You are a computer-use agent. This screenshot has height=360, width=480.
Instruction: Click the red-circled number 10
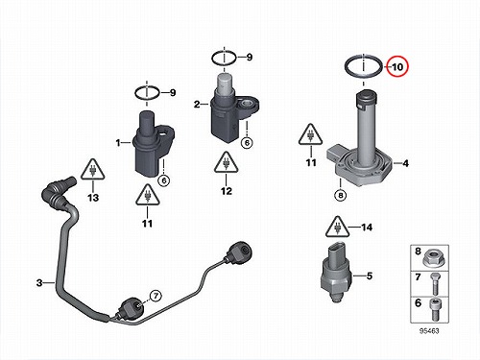coord(397,67)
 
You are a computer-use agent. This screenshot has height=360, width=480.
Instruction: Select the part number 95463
coord(429,331)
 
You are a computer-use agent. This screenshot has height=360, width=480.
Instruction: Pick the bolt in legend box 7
coord(435,284)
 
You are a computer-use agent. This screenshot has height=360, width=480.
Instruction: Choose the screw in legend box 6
coord(435,310)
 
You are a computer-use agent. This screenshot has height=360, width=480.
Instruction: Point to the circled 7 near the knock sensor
coord(156,296)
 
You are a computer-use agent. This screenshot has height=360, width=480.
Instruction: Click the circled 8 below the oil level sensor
coord(341,195)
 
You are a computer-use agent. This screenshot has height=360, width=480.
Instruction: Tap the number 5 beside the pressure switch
coord(370,276)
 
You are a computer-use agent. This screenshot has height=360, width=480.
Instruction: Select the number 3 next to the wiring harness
coord(39,282)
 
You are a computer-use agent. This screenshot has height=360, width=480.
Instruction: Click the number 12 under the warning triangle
coord(227,191)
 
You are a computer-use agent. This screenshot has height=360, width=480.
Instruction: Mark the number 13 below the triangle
coord(93,198)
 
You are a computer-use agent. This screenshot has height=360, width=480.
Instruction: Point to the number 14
coord(367,228)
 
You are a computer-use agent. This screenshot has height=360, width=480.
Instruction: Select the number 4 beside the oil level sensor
coord(405,163)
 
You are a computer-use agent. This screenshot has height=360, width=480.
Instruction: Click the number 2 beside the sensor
coord(197,104)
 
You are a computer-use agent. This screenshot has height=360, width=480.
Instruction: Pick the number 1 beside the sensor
coord(118,143)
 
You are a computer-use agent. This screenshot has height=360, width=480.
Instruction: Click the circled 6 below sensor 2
coord(247,143)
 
